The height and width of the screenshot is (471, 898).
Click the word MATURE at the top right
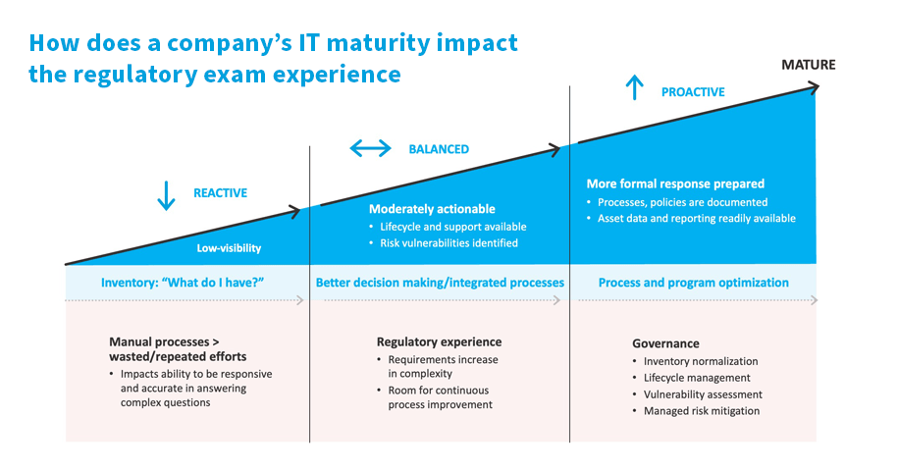[x=809, y=66]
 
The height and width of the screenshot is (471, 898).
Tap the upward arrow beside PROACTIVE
[x=635, y=90]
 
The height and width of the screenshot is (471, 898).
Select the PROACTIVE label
[x=693, y=92]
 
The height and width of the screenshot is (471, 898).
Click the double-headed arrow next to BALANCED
[x=370, y=149]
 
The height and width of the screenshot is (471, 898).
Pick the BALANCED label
[x=439, y=150]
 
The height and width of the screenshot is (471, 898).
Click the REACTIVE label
[x=220, y=193]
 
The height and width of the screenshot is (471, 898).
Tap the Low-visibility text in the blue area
[x=229, y=248]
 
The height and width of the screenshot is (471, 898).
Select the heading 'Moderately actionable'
[x=432, y=209]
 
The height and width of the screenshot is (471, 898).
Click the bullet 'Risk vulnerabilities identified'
[x=443, y=242]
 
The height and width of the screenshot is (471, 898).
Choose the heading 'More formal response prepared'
[x=675, y=183]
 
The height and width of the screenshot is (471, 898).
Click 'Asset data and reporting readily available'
[x=696, y=219]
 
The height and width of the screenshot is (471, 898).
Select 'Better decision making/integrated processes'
[x=440, y=283]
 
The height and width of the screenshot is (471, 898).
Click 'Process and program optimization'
[x=693, y=283]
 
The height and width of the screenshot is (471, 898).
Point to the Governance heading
[x=665, y=343]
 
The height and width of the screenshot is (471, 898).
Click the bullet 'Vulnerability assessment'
[x=703, y=394]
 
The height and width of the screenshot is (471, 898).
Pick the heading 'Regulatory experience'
[x=439, y=341]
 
